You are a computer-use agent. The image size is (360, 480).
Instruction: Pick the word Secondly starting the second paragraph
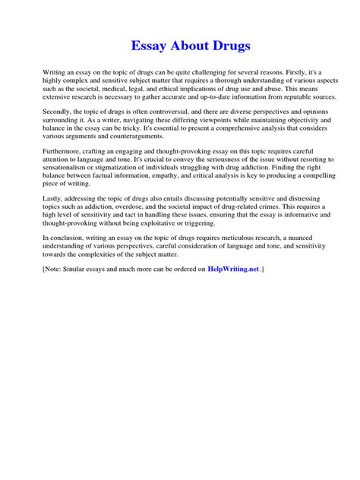[60, 112]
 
